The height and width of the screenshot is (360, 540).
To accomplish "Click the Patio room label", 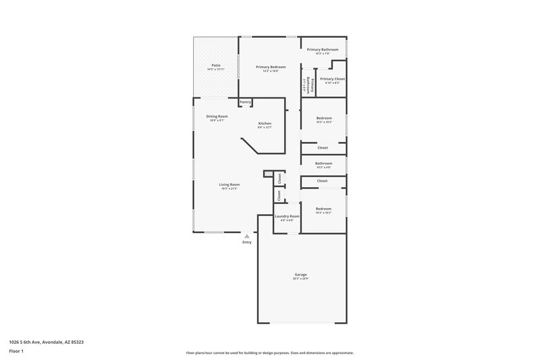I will click(215, 66).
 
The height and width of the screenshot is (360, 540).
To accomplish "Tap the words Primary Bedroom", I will click(270, 67).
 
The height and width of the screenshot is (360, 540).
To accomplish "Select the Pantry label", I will click(245, 102).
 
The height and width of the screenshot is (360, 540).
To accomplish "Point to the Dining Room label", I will click(217, 116).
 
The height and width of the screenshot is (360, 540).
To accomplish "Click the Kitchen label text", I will click(265, 123).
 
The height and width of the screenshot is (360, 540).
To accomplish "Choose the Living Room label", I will click(230, 184).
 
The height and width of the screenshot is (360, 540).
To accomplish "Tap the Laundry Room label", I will click(286, 216).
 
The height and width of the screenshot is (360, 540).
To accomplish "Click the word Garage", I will click(300, 274).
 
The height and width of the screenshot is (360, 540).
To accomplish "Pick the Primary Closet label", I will click(332, 78).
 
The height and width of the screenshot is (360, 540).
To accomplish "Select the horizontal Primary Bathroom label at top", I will click(322, 49).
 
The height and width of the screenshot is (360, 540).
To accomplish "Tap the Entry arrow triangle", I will click(247, 236).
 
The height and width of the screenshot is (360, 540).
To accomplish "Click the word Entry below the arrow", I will click(247, 242).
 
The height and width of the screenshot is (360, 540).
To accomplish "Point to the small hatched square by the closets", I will click(268, 174).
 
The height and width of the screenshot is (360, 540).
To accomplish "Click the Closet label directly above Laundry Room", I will click(278, 195).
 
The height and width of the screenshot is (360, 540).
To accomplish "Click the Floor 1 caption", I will click(16, 353).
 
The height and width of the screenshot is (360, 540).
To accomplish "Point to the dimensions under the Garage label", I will click(300, 278).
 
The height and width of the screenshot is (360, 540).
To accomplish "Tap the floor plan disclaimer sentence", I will click(269, 353).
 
